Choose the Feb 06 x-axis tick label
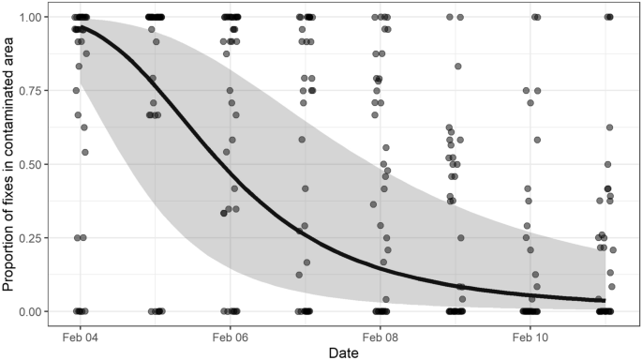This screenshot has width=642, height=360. [x=230, y=335]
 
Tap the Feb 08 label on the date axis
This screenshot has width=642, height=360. [x=380, y=335]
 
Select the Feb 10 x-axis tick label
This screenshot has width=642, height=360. [x=530, y=335]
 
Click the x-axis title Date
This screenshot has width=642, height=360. [x=342, y=352]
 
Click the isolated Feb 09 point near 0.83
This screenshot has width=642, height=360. [x=457, y=67]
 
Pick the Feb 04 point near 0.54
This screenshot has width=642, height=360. [x=85, y=152]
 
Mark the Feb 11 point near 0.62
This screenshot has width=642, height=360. [x=609, y=127]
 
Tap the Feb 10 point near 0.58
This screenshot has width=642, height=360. [x=537, y=140]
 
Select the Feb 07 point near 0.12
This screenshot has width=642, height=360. [x=299, y=275]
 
